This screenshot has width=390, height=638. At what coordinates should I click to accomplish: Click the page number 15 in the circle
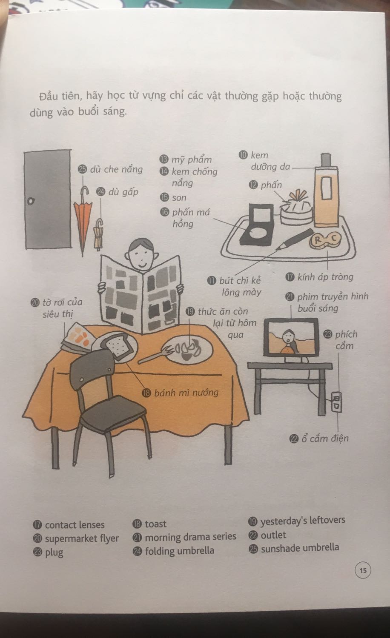click(x=363, y=570)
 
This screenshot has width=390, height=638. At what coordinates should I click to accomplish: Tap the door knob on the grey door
click(x=30, y=201)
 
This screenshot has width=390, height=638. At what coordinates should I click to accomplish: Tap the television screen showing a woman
click(x=291, y=337)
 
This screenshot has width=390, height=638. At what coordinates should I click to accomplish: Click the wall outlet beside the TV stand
click(x=336, y=402)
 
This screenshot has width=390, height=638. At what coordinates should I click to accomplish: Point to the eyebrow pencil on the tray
click(x=294, y=239)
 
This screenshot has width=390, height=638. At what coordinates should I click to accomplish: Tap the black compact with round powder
click(x=256, y=225)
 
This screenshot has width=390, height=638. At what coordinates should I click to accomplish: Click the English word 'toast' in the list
click(x=156, y=524)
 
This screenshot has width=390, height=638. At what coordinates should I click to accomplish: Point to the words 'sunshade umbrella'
click(x=300, y=548)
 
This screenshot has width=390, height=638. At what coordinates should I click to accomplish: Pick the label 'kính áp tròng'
click(x=325, y=277)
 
